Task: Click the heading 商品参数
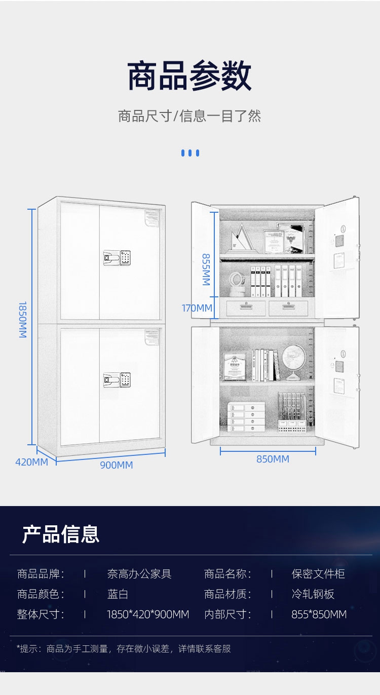tap(189, 76)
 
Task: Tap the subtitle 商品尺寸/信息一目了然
tap(189, 116)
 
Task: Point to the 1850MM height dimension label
tap(23, 320)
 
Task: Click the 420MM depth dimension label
tap(31, 462)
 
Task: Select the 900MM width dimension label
tap(116, 465)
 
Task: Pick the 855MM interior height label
tap(206, 269)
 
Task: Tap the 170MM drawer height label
tap(197, 307)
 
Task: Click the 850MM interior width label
tap(273, 459)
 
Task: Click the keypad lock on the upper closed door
tap(118, 258)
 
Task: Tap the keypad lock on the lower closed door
tap(118, 379)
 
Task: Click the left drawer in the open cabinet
tap(245, 307)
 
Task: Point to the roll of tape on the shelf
tap(237, 283)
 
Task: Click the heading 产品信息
tap(60, 534)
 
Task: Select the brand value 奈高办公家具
tap(139, 574)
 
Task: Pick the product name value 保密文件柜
tap(318, 574)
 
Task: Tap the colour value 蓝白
tap(118, 594)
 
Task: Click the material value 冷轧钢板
tap(313, 594)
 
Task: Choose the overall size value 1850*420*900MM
tap(148, 614)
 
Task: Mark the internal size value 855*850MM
tap(319, 614)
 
